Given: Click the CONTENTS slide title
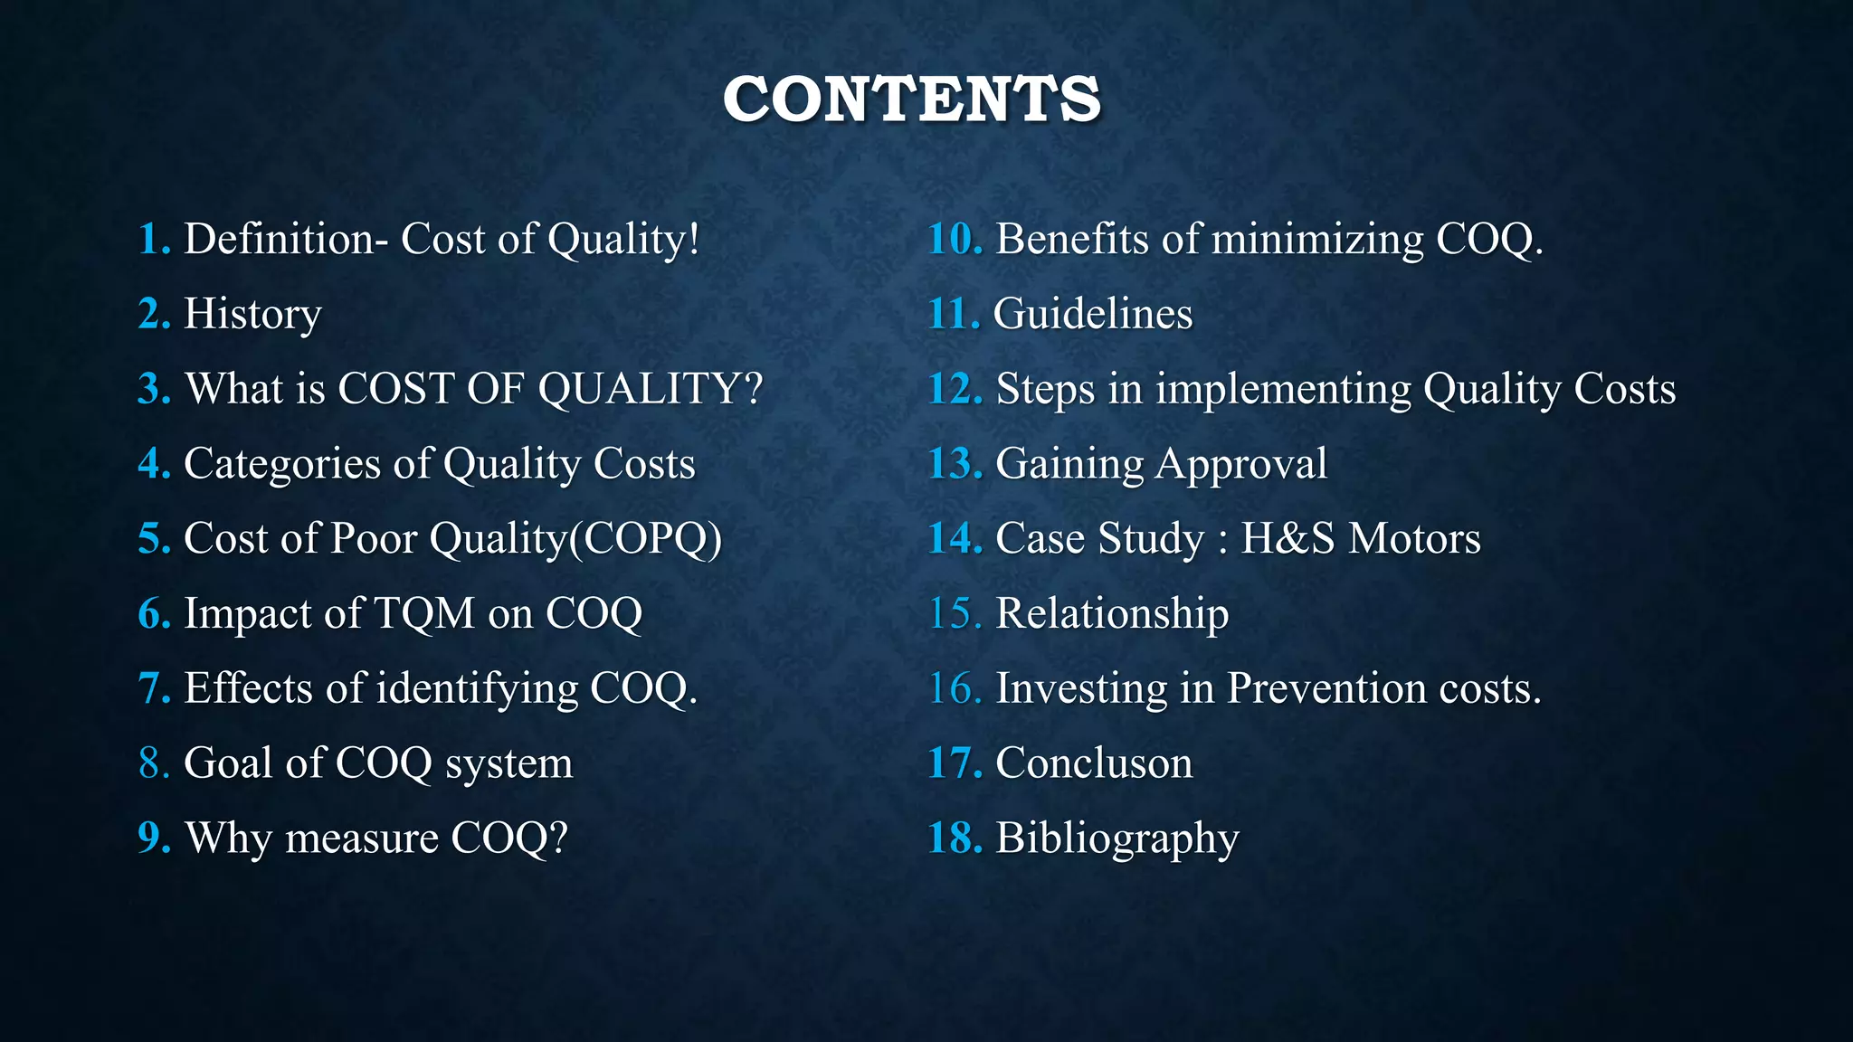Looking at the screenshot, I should [912, 99].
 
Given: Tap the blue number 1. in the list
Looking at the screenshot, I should [154, 240].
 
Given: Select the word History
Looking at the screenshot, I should [252, 315].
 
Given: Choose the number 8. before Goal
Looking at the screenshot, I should [154, 763].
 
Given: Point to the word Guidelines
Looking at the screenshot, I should [1093, 315].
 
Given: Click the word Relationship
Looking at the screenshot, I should [1112, 613].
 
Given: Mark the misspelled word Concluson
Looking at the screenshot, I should [1094, 763].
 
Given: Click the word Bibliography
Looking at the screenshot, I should [1117, 838].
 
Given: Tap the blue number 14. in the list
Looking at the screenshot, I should [955, 539].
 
